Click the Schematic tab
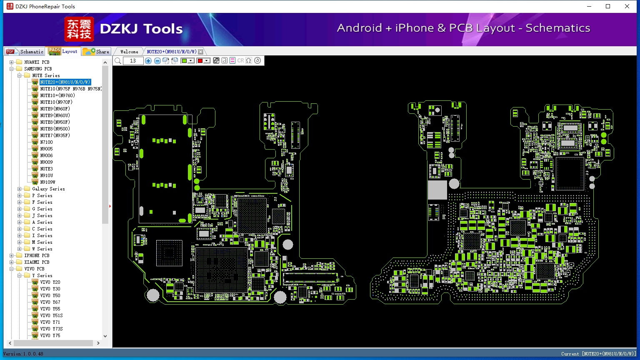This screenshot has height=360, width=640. (25, 51)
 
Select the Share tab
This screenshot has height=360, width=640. (96, 51)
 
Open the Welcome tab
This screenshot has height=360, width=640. (129, 52)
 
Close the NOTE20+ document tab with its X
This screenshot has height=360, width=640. (201, 52)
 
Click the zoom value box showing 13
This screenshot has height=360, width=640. (133, 60)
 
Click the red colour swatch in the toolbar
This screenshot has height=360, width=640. (200, 60)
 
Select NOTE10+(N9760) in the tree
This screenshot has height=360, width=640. (57, 95)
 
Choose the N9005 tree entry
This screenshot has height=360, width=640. (46, 149)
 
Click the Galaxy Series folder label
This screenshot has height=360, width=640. (49, 189)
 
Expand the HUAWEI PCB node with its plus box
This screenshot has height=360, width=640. (11, 62)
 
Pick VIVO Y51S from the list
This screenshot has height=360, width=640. (51, 315)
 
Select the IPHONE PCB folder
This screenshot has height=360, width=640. (37, 255)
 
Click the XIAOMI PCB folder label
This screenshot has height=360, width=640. (37, 262)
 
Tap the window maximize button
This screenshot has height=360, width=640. (608, 6)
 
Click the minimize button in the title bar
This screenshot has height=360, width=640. (589, 6)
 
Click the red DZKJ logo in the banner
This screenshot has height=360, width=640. (79, 29)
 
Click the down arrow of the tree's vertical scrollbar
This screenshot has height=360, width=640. (105, 336)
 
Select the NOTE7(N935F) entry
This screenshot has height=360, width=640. (55, 135)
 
